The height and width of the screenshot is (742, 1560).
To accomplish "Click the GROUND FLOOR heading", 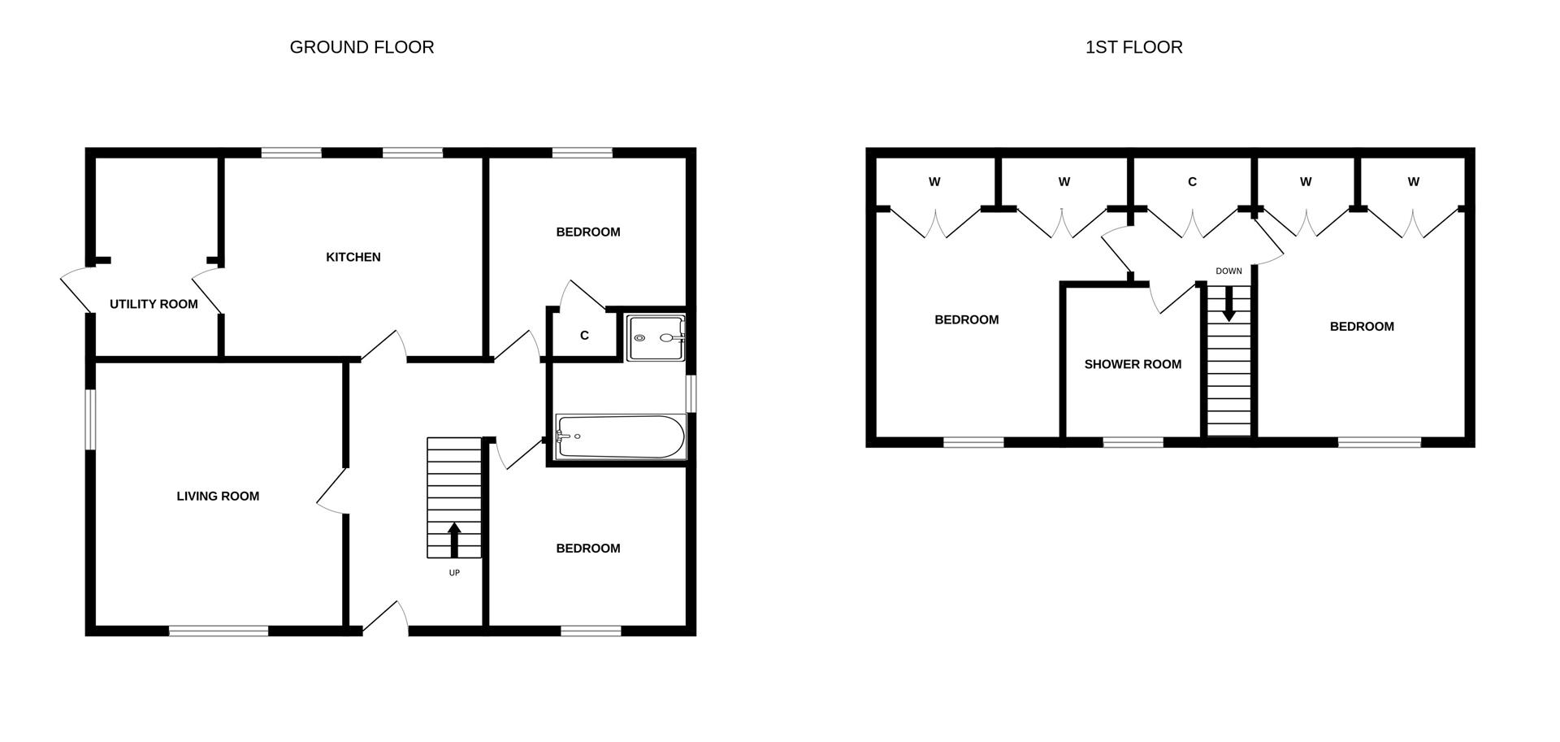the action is [362, 47].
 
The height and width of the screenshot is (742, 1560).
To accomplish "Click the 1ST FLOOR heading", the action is [1133, 47].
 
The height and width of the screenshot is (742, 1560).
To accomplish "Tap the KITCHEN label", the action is [353, 257].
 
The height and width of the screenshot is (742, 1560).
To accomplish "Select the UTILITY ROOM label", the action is [154, 304].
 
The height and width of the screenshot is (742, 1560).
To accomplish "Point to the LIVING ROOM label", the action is [218, 496].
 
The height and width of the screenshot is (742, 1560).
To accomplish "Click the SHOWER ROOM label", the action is [1133, 364].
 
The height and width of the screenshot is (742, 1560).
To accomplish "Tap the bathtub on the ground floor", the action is [621, 436].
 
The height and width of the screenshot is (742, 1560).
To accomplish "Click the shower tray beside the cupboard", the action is [656, 338].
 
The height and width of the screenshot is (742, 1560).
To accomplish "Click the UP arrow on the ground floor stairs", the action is [454, 540].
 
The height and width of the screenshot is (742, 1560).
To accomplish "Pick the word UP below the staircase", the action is [454, 573].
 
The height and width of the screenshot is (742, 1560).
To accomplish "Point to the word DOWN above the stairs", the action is [1228, 271].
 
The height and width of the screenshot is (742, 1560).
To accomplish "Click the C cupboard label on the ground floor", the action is [584, 336].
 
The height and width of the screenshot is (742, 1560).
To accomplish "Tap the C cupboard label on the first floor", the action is [1192, 182].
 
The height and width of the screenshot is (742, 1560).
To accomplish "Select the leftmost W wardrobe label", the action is [934, 182].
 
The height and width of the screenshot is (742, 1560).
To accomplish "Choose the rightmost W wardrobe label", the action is [1414, 182].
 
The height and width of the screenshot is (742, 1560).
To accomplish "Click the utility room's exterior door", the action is [77, 289].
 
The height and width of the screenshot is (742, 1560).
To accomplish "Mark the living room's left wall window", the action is [91, 419].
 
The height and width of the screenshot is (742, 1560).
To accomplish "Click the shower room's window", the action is [1133, 442].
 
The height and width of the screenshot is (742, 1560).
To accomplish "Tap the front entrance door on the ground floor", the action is [385, 618].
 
